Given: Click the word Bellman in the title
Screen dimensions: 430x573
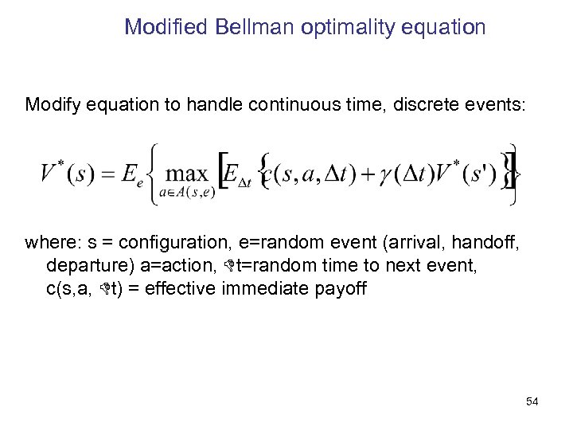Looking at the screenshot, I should click(248, 28).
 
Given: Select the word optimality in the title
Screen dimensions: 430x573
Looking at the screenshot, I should click(341, 28).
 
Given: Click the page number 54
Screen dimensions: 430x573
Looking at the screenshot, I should click(532, 402).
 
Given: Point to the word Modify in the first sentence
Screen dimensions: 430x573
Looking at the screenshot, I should click(51, 104).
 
